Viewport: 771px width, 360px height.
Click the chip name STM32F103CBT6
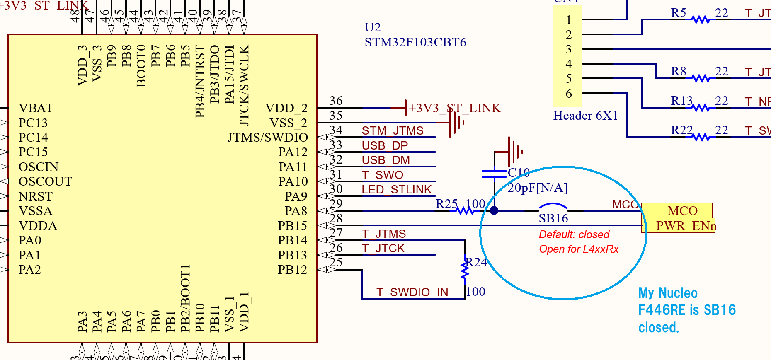[415, 42]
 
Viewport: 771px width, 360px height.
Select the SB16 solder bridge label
[553, 218]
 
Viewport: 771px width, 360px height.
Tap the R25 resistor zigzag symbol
[466, 211]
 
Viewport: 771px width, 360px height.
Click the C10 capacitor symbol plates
[494, 174]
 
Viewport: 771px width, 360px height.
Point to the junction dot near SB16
[494, 210]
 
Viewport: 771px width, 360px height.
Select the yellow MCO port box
[676, 210]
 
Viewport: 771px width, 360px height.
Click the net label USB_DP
[385, 145]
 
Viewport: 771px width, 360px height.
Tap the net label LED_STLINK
[397, 189]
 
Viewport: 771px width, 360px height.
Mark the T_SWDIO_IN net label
[412, 292]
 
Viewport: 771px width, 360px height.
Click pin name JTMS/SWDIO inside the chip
[267, 138]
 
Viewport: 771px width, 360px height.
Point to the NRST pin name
[36, 196]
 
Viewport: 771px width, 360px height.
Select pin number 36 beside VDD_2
[336, 101]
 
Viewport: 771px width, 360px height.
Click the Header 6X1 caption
[585, 116]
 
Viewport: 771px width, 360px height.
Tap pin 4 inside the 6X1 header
[569, 64]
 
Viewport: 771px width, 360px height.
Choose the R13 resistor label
[682, 101]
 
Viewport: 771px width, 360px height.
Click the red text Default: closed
[574, 234]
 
